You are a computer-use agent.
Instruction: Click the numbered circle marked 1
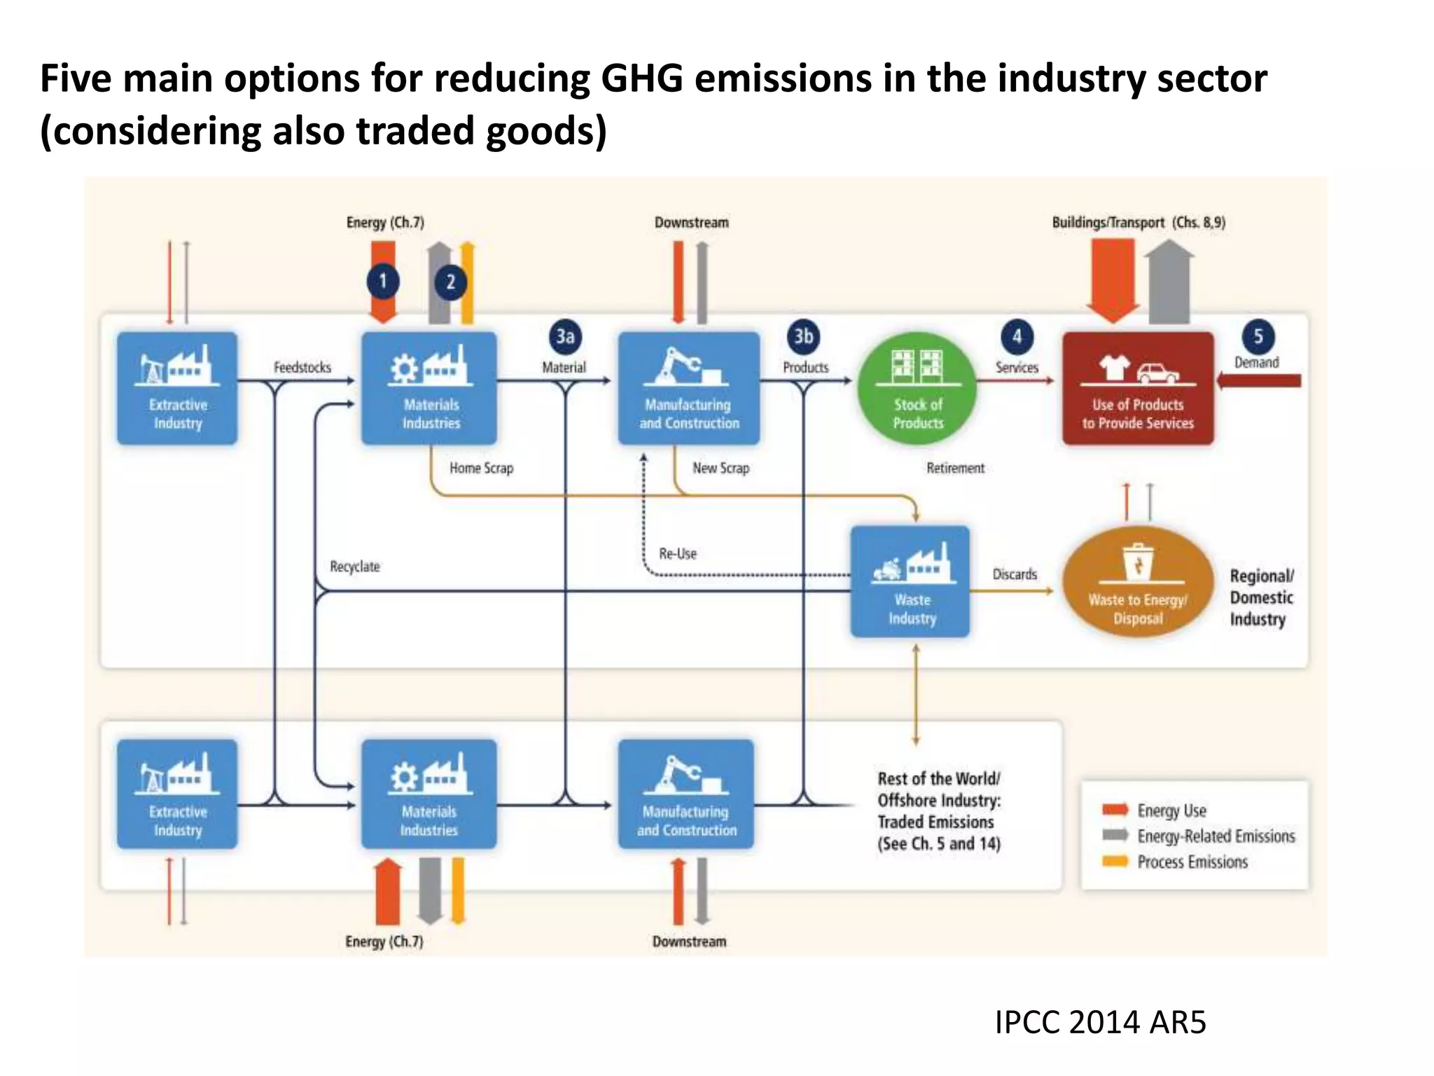383,282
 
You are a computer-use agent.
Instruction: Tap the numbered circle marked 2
451,282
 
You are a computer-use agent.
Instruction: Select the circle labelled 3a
565,336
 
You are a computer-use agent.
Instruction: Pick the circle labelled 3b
804,336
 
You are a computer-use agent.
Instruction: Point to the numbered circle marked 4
1017,336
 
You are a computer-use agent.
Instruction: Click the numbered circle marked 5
1258,336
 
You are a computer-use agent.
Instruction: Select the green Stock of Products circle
917,389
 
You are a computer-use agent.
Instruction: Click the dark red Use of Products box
1138,389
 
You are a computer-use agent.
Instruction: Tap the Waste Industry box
910,581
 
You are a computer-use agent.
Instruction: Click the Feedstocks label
302,367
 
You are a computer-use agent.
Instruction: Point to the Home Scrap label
481,468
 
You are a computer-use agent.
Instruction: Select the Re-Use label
678,553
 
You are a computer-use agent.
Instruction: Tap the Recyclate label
355,566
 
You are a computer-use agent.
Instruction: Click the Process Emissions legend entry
1192,862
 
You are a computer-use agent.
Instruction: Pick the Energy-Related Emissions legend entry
1216,836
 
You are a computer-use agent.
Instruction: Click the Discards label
1015,574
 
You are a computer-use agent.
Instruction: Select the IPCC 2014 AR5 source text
1101,1022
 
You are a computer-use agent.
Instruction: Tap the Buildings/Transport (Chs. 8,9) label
1139,222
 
